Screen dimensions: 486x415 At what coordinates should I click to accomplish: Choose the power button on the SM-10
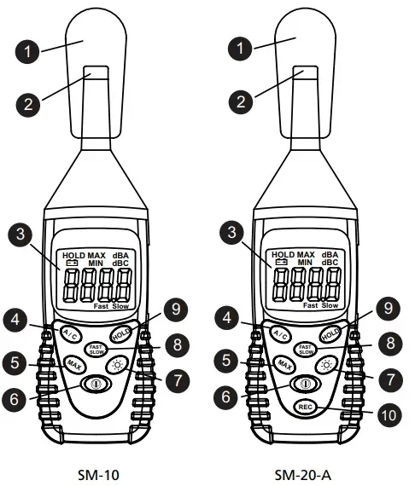click(x=94, y=384)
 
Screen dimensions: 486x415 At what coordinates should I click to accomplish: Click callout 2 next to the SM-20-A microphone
click(x=243, y=102)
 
